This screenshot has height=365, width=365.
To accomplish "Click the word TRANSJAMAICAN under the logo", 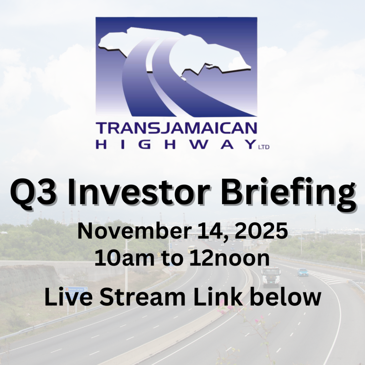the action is coord(176,128).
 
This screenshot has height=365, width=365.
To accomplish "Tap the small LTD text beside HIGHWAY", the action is coord(264,147).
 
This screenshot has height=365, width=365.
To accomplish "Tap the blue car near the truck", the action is coord(303,272).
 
